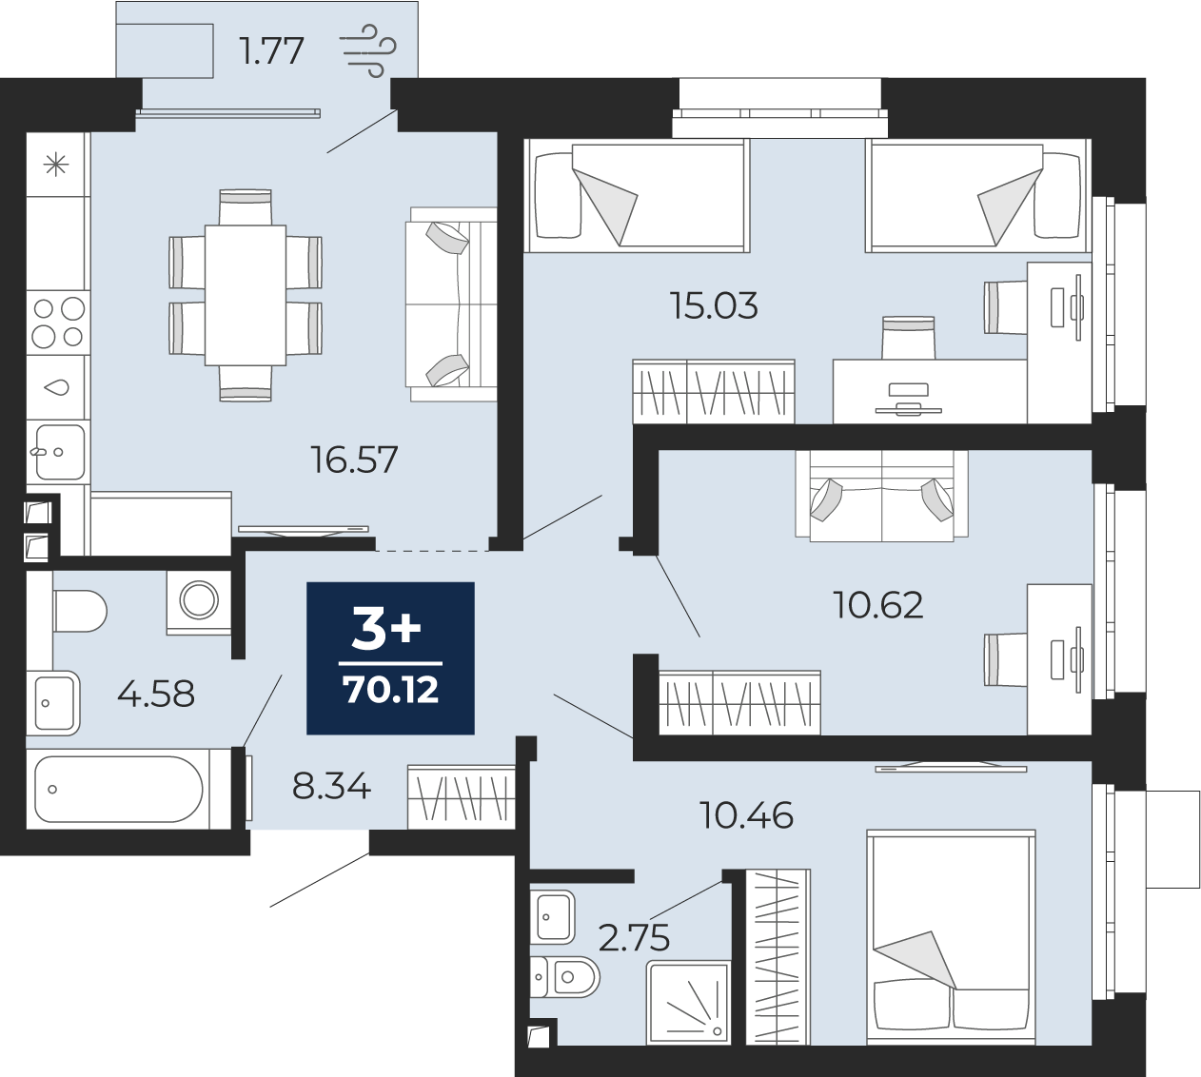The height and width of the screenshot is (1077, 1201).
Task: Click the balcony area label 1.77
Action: click(x=271, y=51)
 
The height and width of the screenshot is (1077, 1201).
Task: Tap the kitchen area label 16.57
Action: click(x=354, y=460)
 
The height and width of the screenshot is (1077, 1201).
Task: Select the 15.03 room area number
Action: click(x=714, y=306)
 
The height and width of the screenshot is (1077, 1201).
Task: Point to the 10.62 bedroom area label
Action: click(x=878, y=605)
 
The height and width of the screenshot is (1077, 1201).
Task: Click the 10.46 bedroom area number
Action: click(x=746, y=815)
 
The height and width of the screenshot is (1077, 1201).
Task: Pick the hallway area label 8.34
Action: click(x=331, y=786)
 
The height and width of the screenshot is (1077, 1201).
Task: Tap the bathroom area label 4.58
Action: click(x=156, y=694)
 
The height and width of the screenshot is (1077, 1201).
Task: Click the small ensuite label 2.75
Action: click(x=634, y=938)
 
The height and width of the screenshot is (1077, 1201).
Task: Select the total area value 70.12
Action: click(x=390, y=690)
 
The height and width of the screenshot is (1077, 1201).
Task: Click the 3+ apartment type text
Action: click(x=386, y=630)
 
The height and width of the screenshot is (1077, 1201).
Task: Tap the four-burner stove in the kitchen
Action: click(x=58, y=323)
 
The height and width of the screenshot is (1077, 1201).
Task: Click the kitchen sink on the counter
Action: click(x=58, y=451)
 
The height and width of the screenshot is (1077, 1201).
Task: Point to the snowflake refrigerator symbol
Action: click(x=56, y=165)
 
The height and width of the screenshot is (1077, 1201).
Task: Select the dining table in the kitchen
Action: click(x=246, y=295)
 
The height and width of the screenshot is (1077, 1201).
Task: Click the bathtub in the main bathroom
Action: click(x=119, y=789)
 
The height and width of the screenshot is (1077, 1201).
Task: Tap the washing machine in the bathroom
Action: click(x=199, y=602)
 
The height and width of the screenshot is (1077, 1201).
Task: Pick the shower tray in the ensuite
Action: click(x=688, y=1001)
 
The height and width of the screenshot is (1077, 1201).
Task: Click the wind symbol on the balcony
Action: click(x=368, y=51)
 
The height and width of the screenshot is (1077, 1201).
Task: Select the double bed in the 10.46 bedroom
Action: click(x=951, y=936)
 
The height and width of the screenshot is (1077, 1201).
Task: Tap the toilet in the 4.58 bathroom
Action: click(x=80, y=611)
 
